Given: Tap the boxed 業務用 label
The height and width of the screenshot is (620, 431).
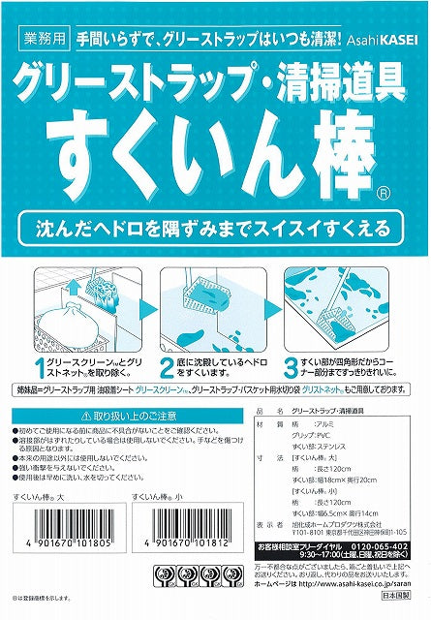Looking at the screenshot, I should click(43, 43).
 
